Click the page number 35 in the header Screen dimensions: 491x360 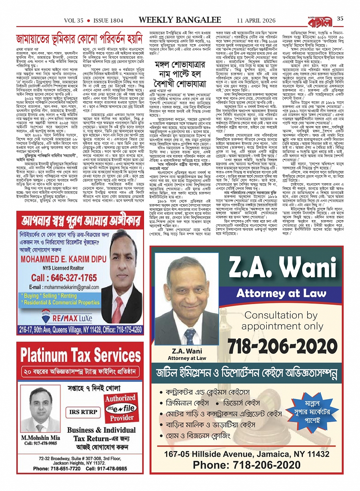tap(340, 18)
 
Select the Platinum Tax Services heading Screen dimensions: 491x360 tap(80, 355)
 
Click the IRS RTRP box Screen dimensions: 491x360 tap(83, 412)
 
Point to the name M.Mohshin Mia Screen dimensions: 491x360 tap(40, 438)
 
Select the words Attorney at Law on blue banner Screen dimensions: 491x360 tap(282, 293)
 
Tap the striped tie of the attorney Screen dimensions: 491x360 tap(189, 336)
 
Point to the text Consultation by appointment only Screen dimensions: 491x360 tap(281, 321)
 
